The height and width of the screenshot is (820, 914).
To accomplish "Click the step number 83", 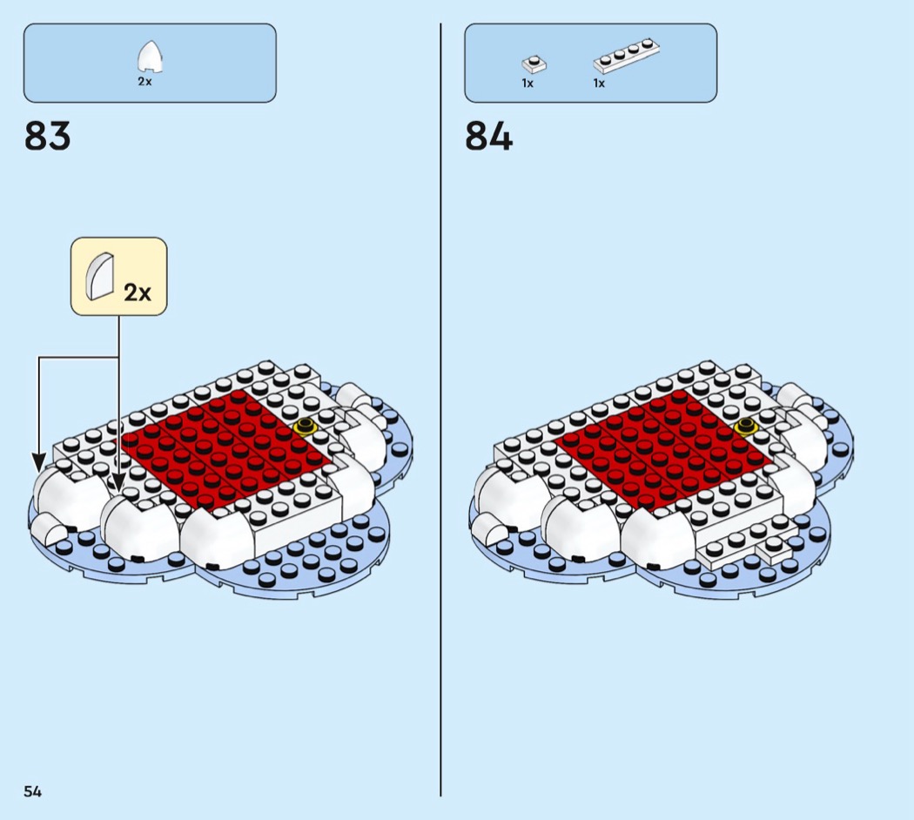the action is pos(47,137).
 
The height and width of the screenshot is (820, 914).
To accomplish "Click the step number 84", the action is pos(488,137).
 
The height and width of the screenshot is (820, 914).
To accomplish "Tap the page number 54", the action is pos(33,791).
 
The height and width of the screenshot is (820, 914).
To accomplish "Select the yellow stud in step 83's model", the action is pos(305,427).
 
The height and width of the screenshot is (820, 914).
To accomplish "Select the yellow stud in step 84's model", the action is pos(745,427).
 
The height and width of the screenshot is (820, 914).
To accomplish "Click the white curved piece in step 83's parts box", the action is pos(150,57).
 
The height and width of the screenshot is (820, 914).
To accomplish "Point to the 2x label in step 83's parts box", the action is pos(144,82).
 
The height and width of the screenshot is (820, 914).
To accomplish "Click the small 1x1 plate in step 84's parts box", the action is pos(534,64).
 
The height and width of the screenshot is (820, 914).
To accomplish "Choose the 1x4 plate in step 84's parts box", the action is pos(627,56).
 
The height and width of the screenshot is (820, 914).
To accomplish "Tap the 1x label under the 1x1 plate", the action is pos(528,84).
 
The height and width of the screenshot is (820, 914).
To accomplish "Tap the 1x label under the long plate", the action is pos(599,84).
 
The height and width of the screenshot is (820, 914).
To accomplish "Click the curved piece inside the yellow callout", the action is pos(100,277).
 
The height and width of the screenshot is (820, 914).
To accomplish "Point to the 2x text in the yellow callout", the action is pos(138,292).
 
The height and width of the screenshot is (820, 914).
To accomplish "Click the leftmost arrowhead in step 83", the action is pos(39,463).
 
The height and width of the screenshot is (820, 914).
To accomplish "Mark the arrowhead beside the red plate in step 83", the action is pos(118,482).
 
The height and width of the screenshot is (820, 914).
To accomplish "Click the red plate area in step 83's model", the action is pos(225,449).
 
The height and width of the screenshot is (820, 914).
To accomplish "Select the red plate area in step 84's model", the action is pos(665,449).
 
